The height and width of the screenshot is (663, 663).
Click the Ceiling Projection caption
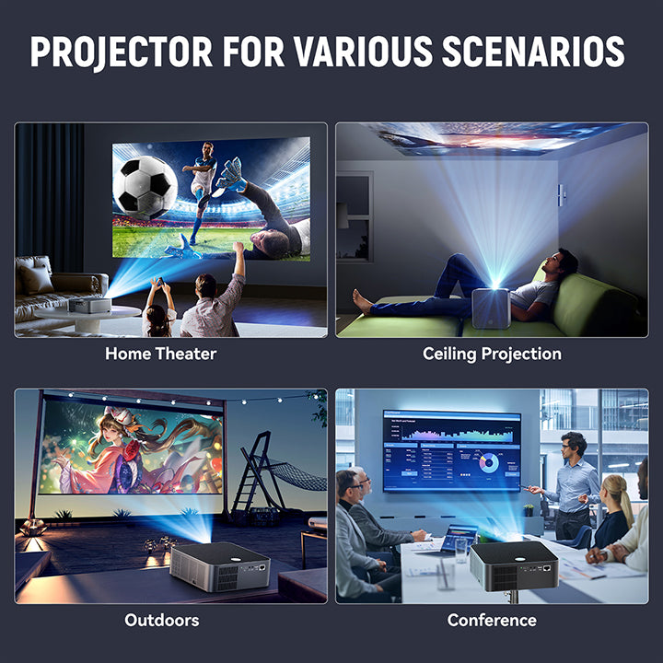(492, 353)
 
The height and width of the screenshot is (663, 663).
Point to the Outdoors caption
(162, 620)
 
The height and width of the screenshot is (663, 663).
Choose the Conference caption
(492, 620)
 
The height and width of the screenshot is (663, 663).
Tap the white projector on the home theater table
(88, 304)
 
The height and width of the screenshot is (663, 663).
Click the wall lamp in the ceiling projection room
(562, 194)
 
